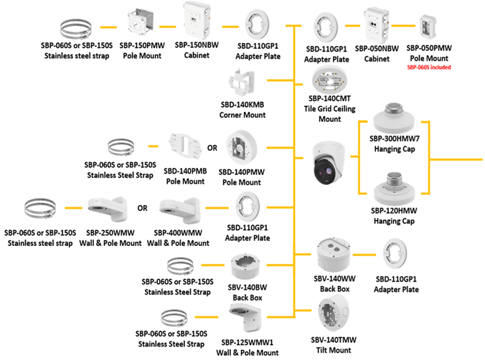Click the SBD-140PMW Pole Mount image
[243, 148]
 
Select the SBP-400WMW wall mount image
[177, 209]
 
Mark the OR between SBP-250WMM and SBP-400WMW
[142, 209]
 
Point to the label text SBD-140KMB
[245, 105]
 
